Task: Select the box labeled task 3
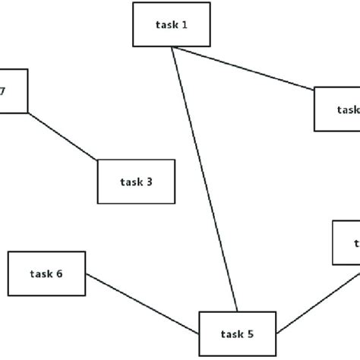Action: coord(137,182)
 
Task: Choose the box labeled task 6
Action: coord(46,273)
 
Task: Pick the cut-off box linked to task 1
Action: coord(338,109)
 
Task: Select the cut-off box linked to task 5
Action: coord(346,242)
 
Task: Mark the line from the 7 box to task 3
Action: coord(62,137)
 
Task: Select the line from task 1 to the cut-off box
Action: coord(243,70)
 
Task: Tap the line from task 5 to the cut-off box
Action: coord(317,299)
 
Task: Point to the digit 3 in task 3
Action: coord(150,182)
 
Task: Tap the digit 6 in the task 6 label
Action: coord(58,274)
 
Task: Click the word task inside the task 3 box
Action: coord(131,182)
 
